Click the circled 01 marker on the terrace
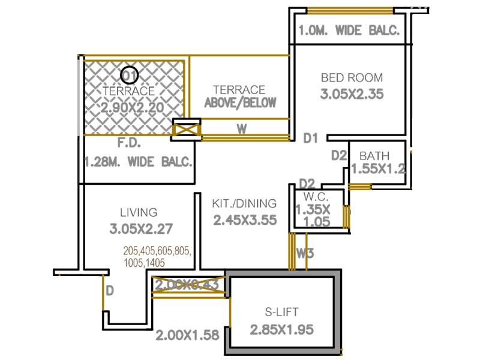pos(129,75)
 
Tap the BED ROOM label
pos(352,78)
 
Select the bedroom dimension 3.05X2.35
pos(352,94)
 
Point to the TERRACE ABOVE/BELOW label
pos(240,96)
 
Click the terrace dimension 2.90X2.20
pos(132,108)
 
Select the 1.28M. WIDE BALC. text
pos(139,162)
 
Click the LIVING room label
pos(139,212)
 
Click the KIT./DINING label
pos(245,203)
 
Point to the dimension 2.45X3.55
pos(245,220)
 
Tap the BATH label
pos(374,157)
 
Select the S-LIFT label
pos(282,312)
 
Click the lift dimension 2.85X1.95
pos(282,329)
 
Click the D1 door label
pos(310,139)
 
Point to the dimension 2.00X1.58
pos(187,335)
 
